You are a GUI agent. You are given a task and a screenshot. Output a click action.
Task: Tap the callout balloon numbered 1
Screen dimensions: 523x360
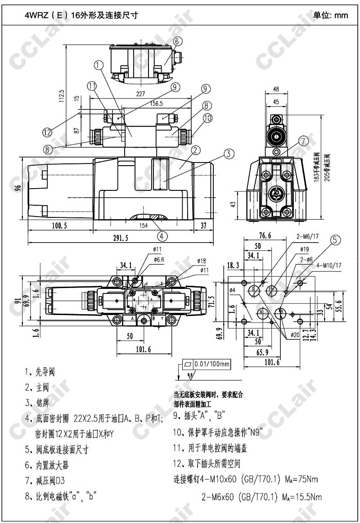click(99, 65)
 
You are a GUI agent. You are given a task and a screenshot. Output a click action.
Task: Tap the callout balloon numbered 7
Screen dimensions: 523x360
click(304, 141)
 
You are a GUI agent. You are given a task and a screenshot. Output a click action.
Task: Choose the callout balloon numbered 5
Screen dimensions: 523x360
click(336, 240)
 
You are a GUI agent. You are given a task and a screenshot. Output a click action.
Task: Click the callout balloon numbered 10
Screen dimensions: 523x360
click(207, 118)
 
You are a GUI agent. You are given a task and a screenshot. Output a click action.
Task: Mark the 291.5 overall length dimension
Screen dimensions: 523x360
click(121, 239)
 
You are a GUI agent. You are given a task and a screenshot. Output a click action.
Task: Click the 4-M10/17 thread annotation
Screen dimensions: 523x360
click(329, 265)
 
